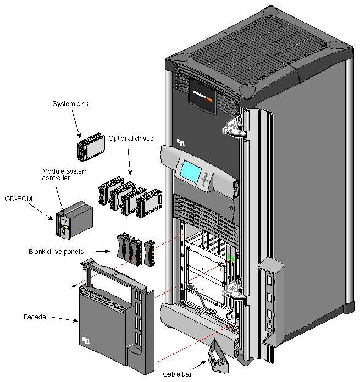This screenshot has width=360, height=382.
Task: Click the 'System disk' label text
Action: pos(70,103)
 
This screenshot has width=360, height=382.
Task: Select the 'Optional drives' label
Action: pos(131,138)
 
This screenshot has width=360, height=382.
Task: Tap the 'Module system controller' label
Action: pos(64,174)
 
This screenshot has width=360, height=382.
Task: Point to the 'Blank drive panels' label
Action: pos(56,252)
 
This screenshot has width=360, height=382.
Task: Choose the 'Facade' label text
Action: pos(35,317)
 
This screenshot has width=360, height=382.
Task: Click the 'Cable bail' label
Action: pos(178,374)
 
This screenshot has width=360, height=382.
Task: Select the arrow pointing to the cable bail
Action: pos(196,367)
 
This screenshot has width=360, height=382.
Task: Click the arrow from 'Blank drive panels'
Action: pos(99,252)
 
